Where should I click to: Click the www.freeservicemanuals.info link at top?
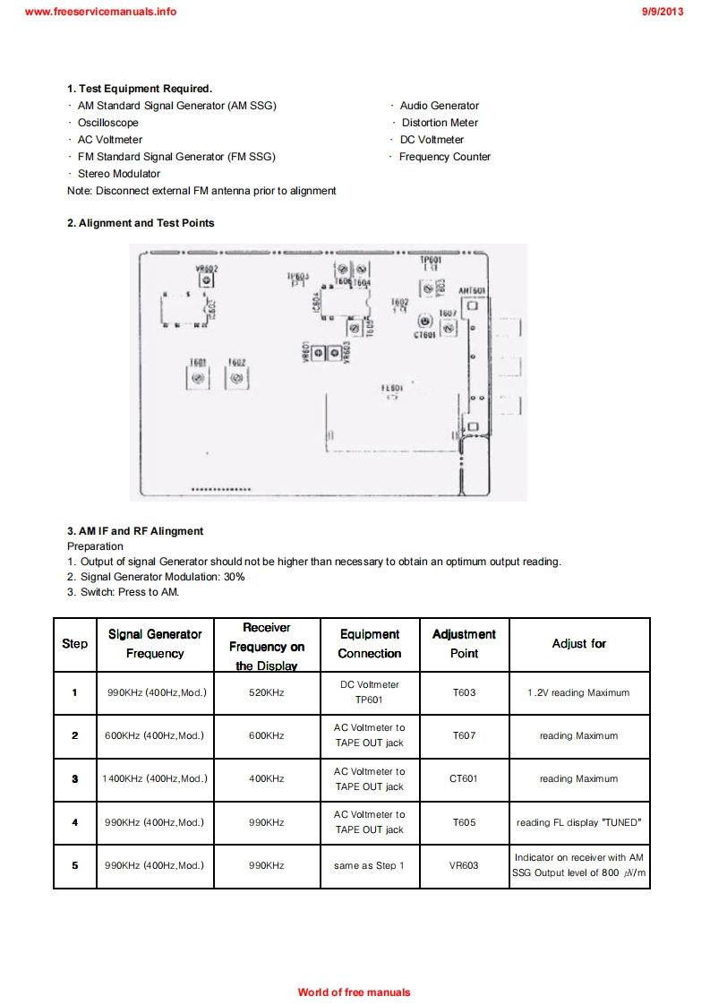pyautogui.click(x=101, y=12)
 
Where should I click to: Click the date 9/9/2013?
pyautogui.click(x=663, y=12)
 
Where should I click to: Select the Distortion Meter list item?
pyautogui.click(x=440, y=123)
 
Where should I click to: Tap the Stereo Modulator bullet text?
pyautogui.click(x=119, y=174)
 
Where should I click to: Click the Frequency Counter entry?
pyautogui.click(x=445, y=157)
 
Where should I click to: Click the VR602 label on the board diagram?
pyautogui.click(x=207, y=268)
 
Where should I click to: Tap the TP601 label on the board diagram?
pyautogui.click(x=431, y=259)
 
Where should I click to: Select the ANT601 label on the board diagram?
pyautogui.click(x=472, y=291)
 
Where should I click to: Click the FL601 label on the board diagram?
pyautogui.click(x=392, y=389)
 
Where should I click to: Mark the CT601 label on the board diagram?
pyautogui.click(x=424, y=334)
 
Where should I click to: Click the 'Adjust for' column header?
pyautogui.click(x=579, y=644)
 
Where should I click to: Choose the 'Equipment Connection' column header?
pyautogui.click(x=370, y=644)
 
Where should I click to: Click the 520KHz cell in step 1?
pyautogui.click(x=267, y=692)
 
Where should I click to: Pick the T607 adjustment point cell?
pyautogui.click(x=464, y=735)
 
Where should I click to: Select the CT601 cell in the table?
pyautogui.click(x=464, y=778)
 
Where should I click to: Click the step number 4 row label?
pyautogui.click(x=75, y=821)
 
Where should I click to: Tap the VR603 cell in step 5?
pyautogui.click(x=464, y=865)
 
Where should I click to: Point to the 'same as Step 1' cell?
pyautogui.click(x=370, y=865)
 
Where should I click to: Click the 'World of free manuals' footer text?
pyautogui.click(x=355, y=992)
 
